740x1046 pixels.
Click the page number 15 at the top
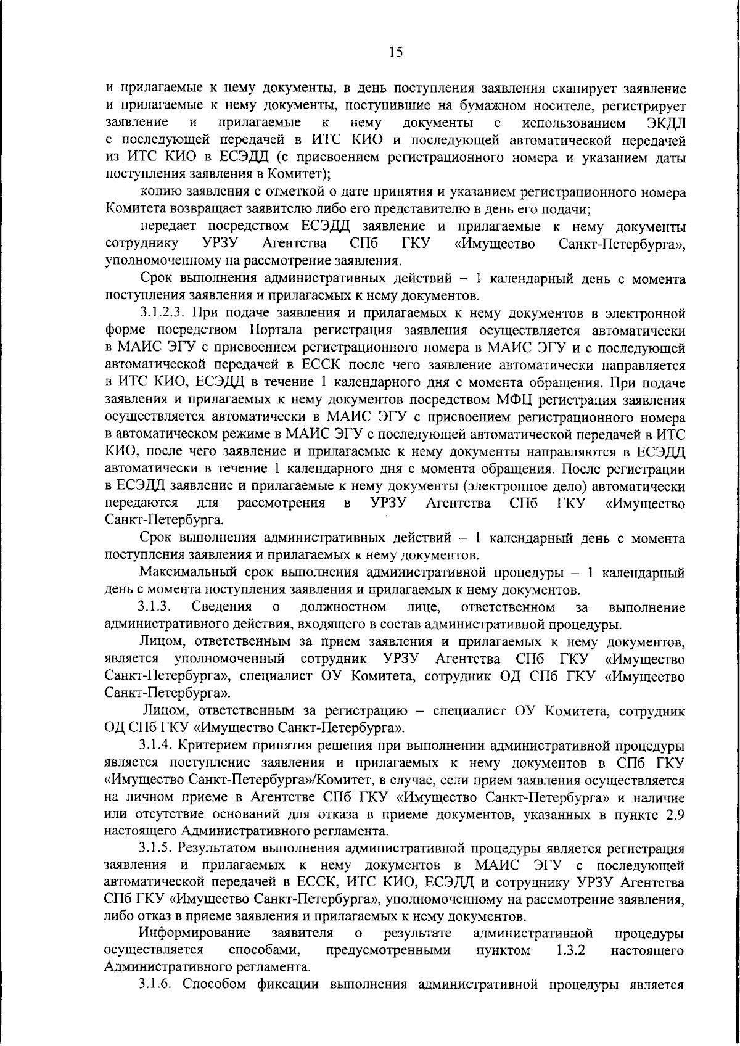coord(396,52)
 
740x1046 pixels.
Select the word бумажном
coord(553,106)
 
